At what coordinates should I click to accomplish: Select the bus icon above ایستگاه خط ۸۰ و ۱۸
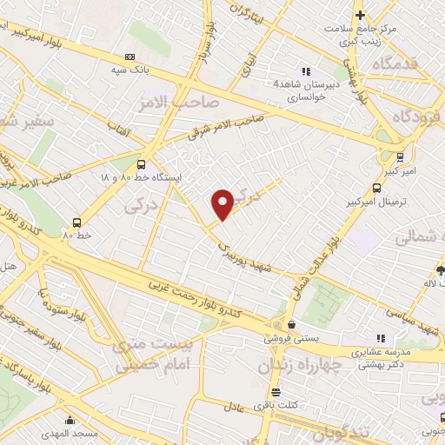point(142,163)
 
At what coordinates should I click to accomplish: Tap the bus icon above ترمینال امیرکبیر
point(376,187)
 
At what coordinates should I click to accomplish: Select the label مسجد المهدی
point(80,432)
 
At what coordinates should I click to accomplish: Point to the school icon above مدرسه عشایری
point(380,338)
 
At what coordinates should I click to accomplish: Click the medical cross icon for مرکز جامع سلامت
point(359,15)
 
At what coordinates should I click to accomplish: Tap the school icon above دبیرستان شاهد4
point(304,71)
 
